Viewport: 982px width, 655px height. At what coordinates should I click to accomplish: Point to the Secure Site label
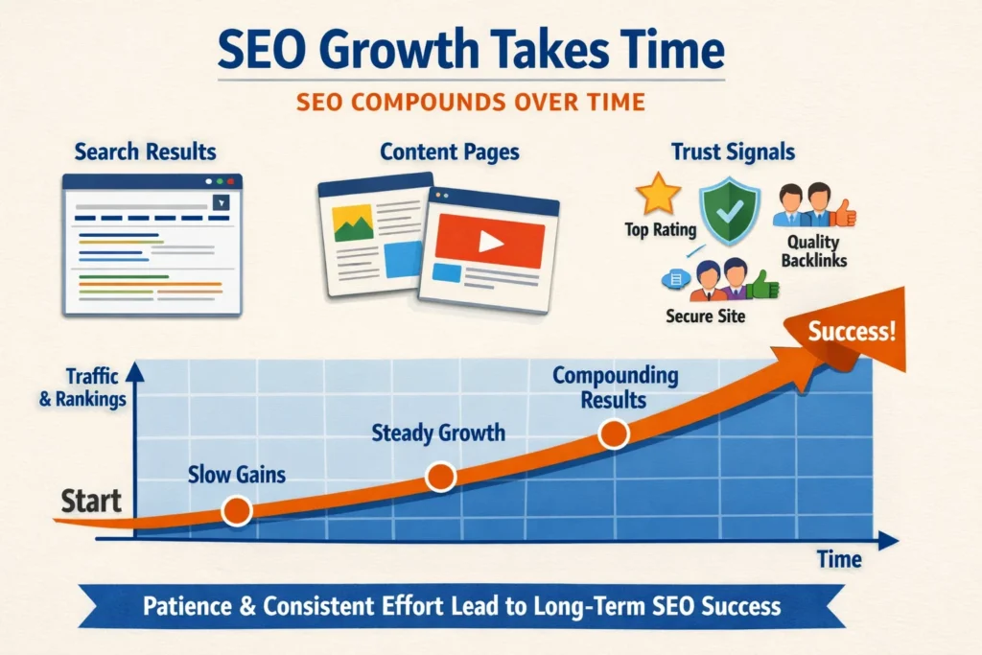pos(705,316)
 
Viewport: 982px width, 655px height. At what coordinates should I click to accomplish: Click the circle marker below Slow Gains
pos(235,511)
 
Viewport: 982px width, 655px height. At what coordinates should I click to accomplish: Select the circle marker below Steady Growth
pos(440,476)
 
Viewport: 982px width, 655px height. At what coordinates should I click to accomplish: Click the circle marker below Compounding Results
pos(614,434)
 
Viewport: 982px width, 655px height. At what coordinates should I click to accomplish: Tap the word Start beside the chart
pos(92,500)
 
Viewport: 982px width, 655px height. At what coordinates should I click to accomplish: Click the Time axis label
pos(838,560)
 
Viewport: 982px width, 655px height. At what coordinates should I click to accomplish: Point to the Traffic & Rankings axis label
pos(83,387)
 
